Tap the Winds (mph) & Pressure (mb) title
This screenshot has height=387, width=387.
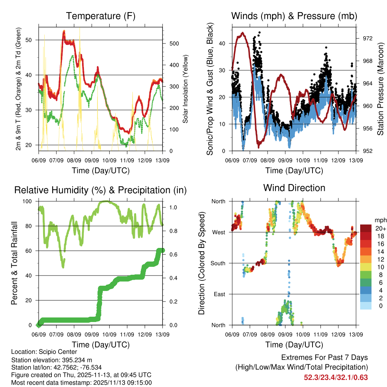point(294,16)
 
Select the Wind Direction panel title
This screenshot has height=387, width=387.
point(294,187)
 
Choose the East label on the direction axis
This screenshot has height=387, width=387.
point(220,294)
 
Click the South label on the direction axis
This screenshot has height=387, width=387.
point(218,263)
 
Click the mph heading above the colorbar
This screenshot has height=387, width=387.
point(379,220)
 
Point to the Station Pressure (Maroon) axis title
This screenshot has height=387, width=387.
point(381,89)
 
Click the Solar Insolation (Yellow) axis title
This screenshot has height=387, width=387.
point(186,89)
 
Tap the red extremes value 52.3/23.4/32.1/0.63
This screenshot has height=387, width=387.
point(336,377)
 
